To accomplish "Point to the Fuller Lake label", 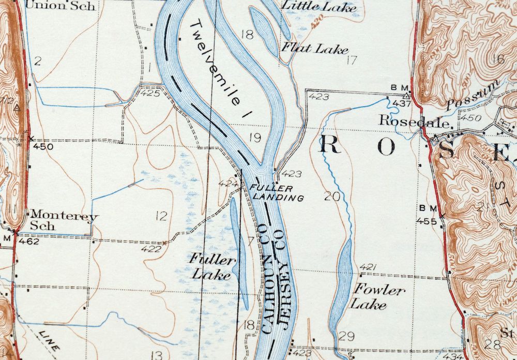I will click(212, 266).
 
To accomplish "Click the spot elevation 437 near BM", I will click(401, 103).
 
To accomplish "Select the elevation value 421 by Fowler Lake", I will click(368, 267).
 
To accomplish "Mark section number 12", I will click(162, 216).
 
